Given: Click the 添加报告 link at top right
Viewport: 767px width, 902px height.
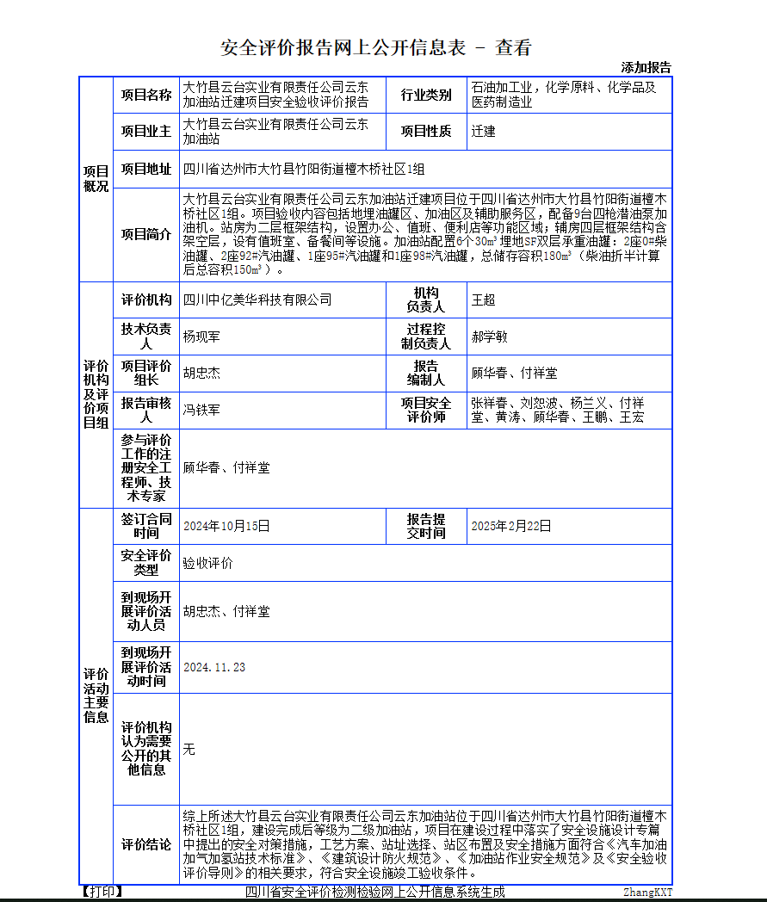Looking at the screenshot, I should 646,67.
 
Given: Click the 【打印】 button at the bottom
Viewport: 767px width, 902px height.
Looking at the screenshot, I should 102,892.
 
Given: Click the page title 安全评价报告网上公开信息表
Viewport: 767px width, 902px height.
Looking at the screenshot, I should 343,47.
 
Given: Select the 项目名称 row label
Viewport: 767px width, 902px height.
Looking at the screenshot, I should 145,95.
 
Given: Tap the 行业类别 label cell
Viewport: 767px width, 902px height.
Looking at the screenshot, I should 426,95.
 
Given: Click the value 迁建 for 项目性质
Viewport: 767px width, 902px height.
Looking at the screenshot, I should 483,132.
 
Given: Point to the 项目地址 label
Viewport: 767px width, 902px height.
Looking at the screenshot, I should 145,169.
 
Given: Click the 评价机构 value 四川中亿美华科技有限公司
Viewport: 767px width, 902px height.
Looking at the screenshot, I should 257,300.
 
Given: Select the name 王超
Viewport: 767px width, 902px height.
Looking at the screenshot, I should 483,300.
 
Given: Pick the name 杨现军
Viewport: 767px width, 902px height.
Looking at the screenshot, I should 201,337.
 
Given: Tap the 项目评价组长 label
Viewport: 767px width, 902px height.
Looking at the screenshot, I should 145,373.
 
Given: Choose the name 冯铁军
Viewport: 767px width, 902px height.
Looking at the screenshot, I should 201,410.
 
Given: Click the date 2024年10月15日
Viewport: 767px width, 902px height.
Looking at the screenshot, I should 226,526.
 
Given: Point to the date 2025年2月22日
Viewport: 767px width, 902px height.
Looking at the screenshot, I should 510,526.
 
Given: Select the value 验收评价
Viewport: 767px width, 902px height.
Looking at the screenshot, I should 207,563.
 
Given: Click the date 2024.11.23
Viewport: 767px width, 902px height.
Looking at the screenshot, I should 214,667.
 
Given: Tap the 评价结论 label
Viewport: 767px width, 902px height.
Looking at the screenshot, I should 145,845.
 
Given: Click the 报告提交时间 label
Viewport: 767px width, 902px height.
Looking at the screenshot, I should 426,526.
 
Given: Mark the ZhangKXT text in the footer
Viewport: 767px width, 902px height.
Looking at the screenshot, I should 647,893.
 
